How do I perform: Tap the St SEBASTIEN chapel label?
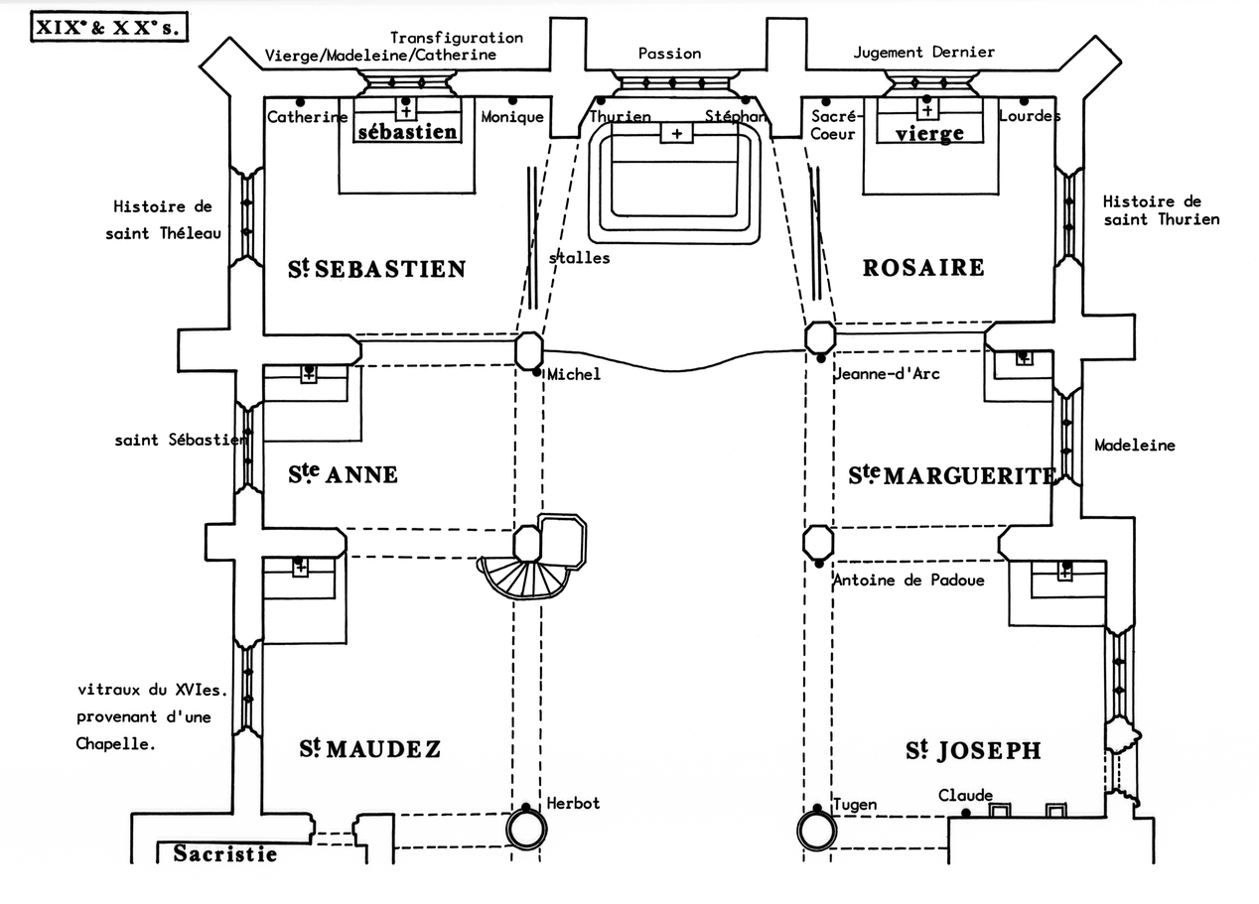click(376, 268)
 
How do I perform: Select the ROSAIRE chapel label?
click(922, 267)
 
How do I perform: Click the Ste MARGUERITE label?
click(951, 476)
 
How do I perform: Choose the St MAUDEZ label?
click(369, 749)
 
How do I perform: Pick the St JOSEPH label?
click(973, 751)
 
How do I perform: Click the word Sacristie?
click(225, 853)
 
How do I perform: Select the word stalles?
click(579, 258)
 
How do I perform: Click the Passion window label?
click(669, 54)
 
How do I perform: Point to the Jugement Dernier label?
click(923, 52)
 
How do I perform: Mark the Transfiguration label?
click(456, 38)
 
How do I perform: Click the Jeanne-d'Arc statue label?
click(887, 374)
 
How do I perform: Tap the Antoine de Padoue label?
click(909, 580)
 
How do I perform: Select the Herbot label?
click(573, 803)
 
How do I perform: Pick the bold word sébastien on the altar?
click(407, 132)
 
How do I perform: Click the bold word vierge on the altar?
click(929, 134)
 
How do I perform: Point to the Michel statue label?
click(574, 374)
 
